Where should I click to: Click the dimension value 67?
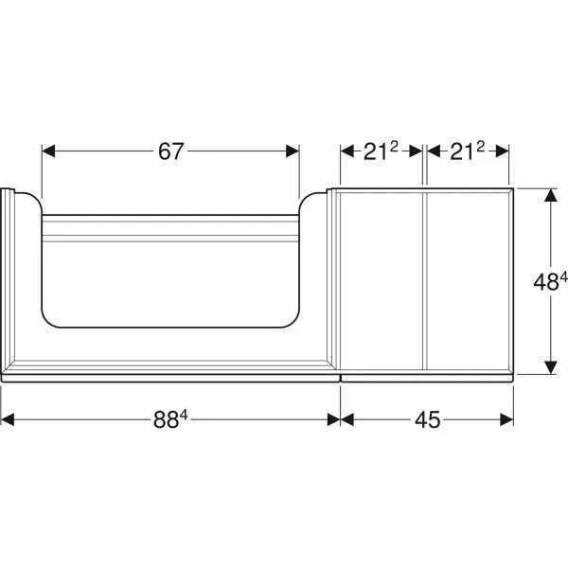[x=171, y=151]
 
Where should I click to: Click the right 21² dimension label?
[x=467, y=151]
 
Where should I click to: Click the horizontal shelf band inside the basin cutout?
[x=171, y=230]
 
